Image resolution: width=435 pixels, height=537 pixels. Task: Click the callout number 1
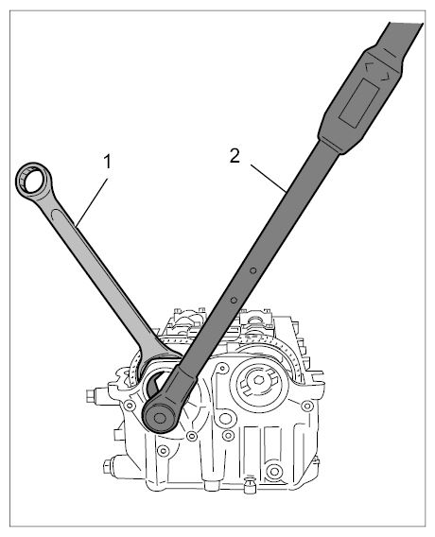108,162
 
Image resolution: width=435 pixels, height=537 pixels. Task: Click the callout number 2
235,156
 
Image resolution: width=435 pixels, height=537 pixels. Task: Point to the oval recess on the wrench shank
62,221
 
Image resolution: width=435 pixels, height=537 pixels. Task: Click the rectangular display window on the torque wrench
358,102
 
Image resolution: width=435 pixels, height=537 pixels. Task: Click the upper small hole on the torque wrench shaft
252,270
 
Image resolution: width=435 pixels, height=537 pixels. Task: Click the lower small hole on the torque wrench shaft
234,301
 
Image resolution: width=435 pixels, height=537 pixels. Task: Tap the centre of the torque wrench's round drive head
160,417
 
